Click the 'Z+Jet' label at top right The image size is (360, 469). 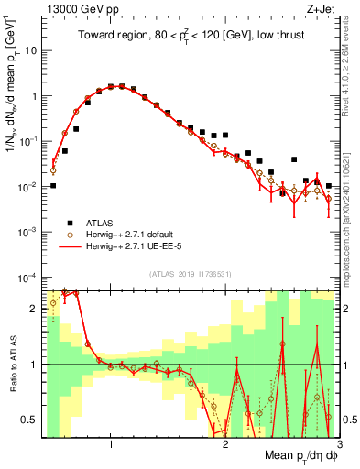pos(322,10)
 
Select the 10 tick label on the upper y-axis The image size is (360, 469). pos(29,51)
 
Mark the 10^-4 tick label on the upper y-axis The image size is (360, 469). pos(27,278)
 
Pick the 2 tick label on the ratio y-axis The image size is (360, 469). pos(34,309)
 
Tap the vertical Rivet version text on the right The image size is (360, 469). pos(350,73)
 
